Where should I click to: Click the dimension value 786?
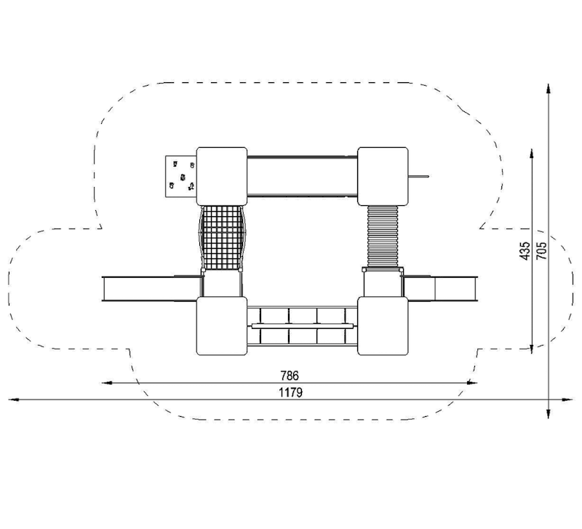290,375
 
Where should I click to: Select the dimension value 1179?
290,392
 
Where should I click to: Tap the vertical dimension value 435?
525,251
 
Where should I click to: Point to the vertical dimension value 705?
541,251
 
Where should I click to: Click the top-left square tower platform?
222,176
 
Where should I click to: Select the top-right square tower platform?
383,176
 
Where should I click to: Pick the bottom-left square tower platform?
222,326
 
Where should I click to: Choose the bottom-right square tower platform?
383,326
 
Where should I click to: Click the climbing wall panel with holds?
180,176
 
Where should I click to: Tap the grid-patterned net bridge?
222,238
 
